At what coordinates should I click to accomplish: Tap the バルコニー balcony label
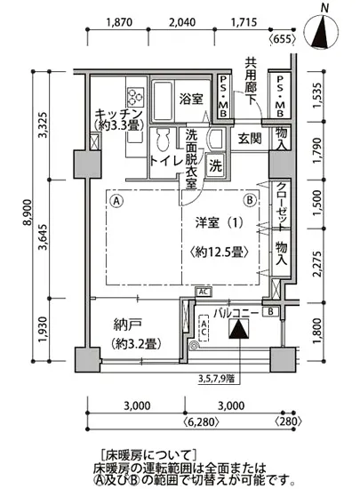tap(236, 314)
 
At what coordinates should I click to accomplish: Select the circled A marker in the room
tap(116, 200)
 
